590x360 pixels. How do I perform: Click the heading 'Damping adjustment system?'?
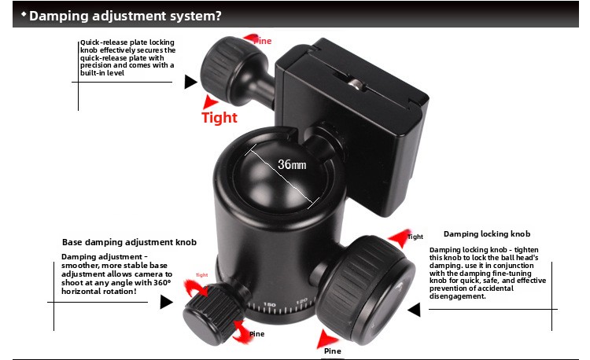pos(125,16)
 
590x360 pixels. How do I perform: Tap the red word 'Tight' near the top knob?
pos(219,118)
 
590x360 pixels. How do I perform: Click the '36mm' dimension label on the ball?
pos(292,164)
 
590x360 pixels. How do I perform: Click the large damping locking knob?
pos(366,290)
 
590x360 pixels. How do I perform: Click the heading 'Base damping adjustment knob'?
pos(129,242)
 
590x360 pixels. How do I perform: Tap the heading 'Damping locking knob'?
pos(487,234)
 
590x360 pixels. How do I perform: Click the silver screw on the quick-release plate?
pos(356,85)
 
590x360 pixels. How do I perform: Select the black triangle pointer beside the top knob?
pos(190,82)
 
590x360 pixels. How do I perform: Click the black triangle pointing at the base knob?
pos(166,302)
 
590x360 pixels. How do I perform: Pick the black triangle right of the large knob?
pos(415,310)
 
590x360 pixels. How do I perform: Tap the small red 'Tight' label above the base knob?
pos(201,275)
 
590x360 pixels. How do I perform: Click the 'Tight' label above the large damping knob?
pos(415,237)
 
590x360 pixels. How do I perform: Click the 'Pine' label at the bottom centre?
pos(333,351)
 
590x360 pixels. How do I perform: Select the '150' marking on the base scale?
pos(269,304)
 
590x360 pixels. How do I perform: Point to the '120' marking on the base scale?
pos(302,301)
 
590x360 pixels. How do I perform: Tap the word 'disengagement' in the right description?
pos(457,296)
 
